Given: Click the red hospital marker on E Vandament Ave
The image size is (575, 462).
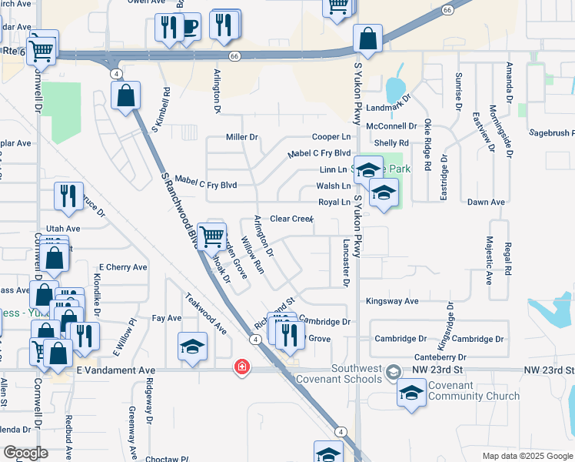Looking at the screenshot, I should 242,367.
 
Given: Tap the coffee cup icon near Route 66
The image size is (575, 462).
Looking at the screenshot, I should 188,28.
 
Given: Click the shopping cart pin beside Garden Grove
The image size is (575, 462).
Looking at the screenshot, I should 211,236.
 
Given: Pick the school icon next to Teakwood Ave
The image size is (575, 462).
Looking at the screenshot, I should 192,346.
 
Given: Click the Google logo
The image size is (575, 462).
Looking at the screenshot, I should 25,453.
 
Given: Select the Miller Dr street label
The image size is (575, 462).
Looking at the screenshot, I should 242,137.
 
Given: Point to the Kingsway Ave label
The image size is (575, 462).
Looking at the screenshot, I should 392,301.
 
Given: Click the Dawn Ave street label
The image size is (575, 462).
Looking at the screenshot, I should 487,202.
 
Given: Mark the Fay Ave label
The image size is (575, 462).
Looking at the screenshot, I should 167,317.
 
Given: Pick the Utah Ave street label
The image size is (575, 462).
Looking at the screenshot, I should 63,229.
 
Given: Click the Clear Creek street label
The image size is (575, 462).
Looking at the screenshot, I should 291,219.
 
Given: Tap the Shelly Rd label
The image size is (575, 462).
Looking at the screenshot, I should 391,143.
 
